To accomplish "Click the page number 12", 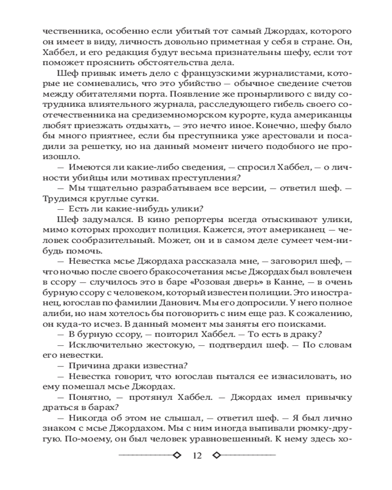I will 197,455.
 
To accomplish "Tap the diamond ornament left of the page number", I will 177,455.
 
